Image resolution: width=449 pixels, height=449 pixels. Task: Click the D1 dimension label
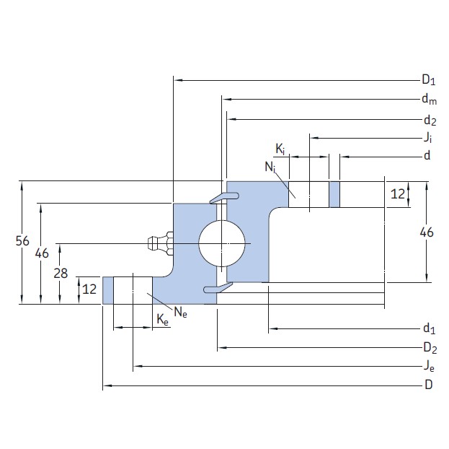click(429, 80)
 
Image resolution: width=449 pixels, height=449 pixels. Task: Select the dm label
click(429, 100)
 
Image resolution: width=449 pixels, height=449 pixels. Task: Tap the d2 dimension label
click(429, 120)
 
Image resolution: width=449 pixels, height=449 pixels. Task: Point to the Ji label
click(428, 137)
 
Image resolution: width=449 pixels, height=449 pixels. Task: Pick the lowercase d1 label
click(429, 330)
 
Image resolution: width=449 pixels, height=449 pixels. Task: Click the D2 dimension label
click(429, 349)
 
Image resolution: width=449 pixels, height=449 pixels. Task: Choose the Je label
click(429, 367)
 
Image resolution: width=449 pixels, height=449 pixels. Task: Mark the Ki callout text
click(280, 149)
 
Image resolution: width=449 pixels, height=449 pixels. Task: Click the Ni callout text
click(270, 167)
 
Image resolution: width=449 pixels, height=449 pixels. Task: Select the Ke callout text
click(163, 321)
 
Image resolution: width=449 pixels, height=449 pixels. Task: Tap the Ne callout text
click(180, 312)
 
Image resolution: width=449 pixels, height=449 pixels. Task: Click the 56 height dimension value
click(22, 242)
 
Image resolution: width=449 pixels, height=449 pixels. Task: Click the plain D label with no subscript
click(428, 385)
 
